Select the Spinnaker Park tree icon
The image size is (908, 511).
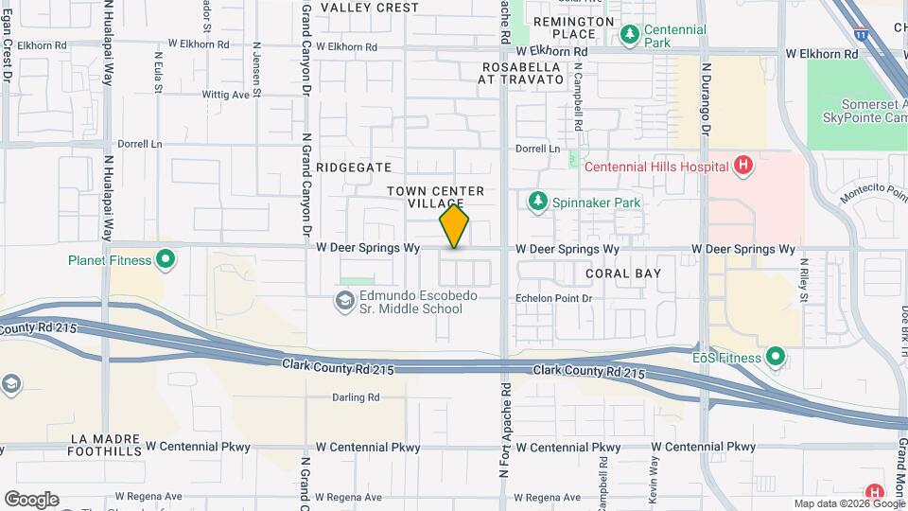[538, 202]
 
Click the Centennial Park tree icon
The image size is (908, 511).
[629, 36]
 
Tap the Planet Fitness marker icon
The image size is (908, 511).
[166, 258]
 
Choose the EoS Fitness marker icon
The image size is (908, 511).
[776, 357]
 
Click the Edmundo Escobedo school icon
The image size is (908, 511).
[344, 302]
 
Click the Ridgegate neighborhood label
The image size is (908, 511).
[354, 167]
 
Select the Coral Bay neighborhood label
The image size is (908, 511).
[622, 273]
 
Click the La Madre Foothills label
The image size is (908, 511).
[104, 447]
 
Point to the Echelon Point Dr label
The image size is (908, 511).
[553, 298]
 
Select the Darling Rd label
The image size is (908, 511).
[356, 397]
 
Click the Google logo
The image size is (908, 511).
[31, 500]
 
